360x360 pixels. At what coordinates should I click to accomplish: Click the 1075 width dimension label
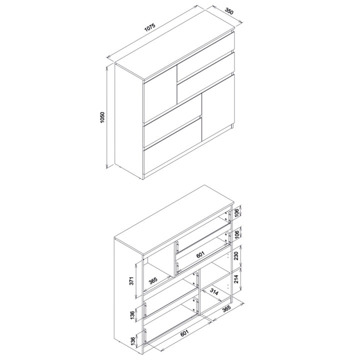[x=150, y=27]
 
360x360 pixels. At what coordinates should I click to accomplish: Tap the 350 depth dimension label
[x=228, y=11]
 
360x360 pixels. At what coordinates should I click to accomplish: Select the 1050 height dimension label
[x=102, y=117]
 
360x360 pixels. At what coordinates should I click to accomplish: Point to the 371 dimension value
[x=131, y=280]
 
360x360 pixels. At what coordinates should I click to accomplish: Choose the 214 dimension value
[x=236, y=278]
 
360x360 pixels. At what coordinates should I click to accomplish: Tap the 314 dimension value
[x=214, y=292]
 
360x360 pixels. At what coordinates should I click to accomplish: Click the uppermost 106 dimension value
[x=236, y=211]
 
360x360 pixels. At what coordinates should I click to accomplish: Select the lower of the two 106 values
[x=236, y=234]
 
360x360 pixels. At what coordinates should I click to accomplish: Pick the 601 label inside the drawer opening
[x=200, y=254]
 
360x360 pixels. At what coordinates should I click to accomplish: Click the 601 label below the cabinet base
[x=184, y=333]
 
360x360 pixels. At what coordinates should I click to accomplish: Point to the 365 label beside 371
[x=153, y=280]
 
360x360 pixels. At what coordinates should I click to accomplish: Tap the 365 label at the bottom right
[x=226, y=309]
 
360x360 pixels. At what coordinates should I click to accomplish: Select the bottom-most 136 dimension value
[x=132, y=340]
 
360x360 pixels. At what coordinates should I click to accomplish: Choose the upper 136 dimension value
[x=132, y=315]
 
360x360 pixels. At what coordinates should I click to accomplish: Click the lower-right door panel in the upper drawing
[x=218, y=107]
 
